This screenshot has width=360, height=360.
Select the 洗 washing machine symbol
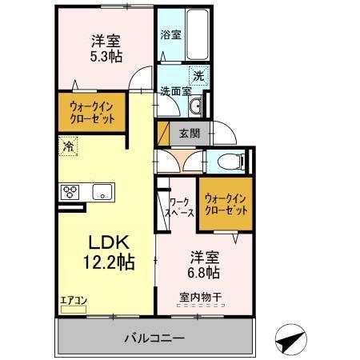click(x=198, y=76)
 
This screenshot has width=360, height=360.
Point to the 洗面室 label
click(x=174, y=90)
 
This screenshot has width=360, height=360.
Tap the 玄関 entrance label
click(x=190, y=134)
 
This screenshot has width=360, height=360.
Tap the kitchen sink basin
click(x=102, y=192)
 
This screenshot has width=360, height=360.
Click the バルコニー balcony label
click(x=154, y=338)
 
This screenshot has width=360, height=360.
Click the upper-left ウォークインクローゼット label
click(x=91, y=113)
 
